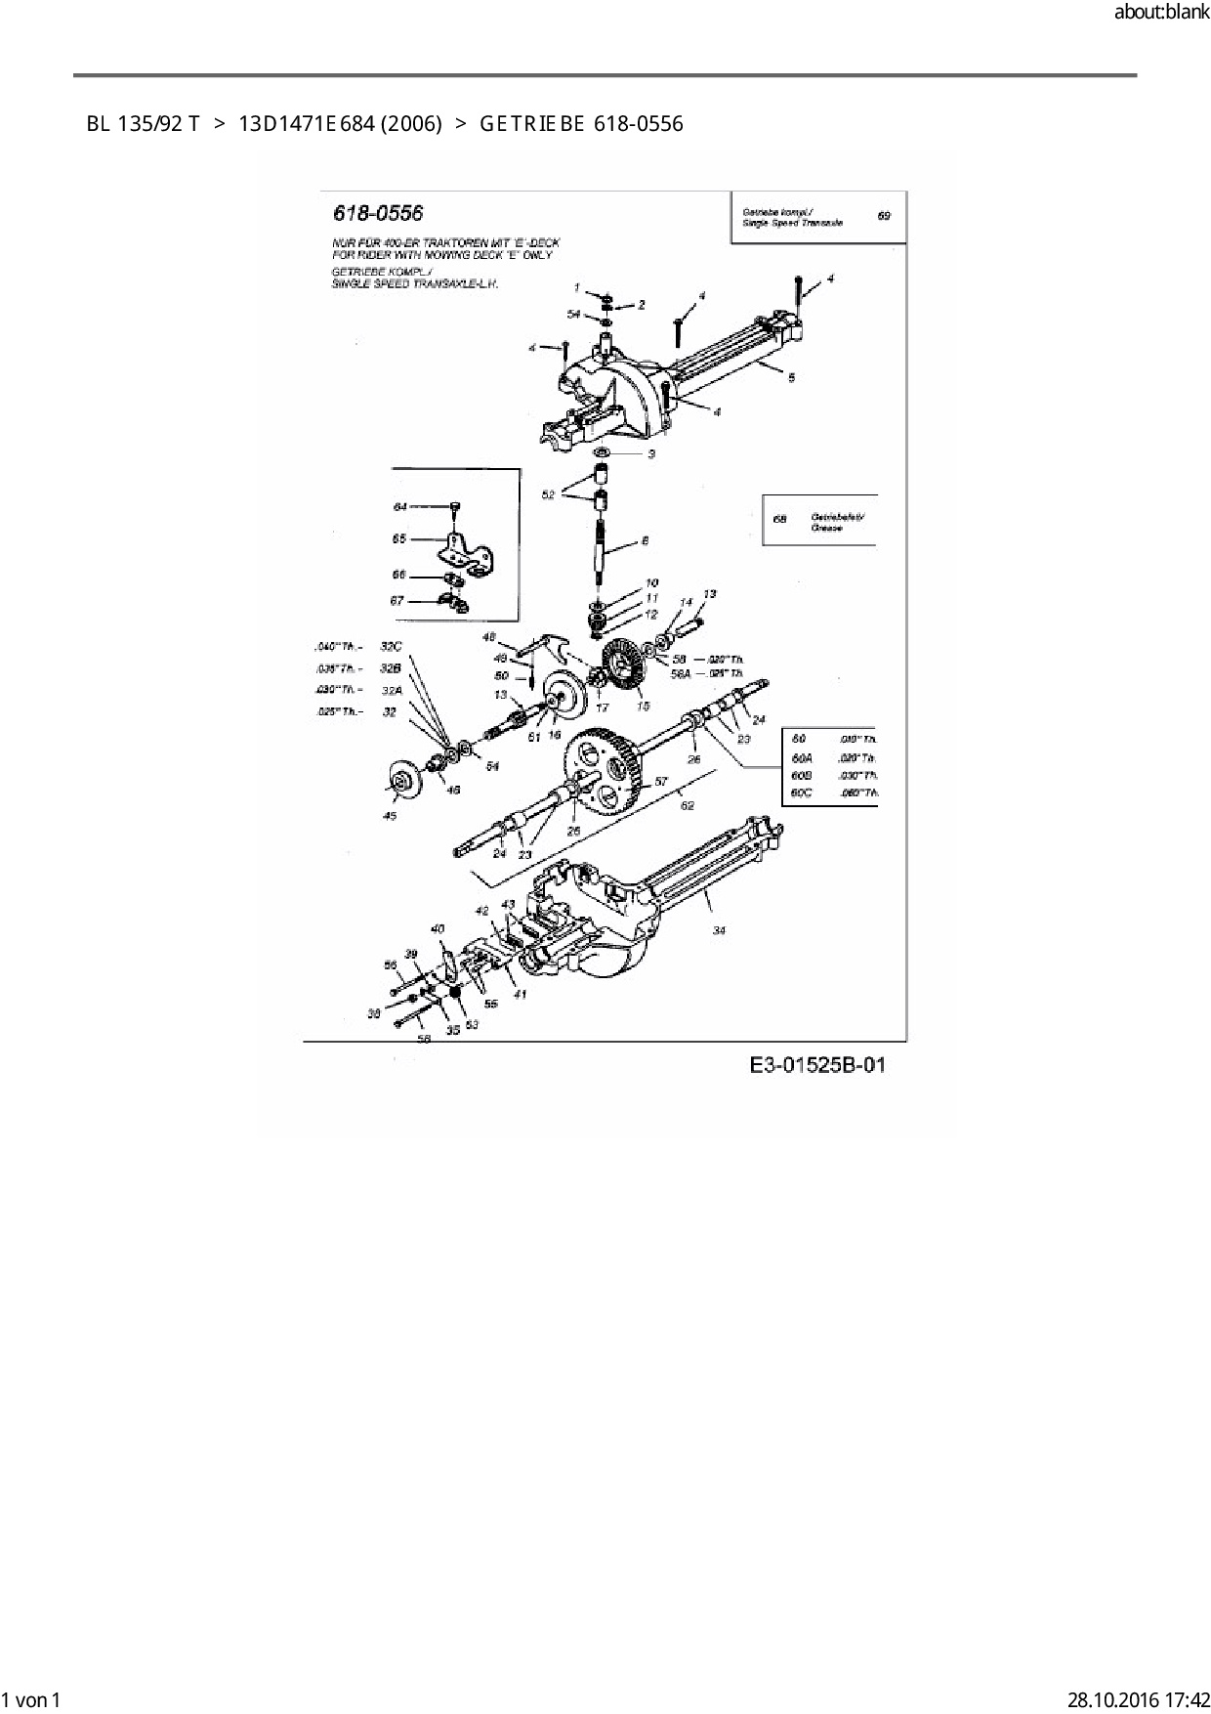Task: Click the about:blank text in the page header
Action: click(1161, 13)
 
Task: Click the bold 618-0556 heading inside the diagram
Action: click(378, 213)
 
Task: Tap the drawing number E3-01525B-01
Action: click(817, 1064)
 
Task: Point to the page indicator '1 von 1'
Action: click(31, 1699)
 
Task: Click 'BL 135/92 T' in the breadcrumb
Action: click(143, 124)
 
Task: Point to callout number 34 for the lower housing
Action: click(719, 930)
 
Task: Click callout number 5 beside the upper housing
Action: click(791, 377)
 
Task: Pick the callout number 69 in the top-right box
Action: click(884, 216)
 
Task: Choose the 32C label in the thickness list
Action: click(391, 646)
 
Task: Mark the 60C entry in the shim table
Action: click(801, 793)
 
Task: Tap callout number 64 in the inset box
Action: click(400, 507)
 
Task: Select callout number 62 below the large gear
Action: click(688, 805)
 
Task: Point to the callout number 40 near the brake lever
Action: click(438, 928)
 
